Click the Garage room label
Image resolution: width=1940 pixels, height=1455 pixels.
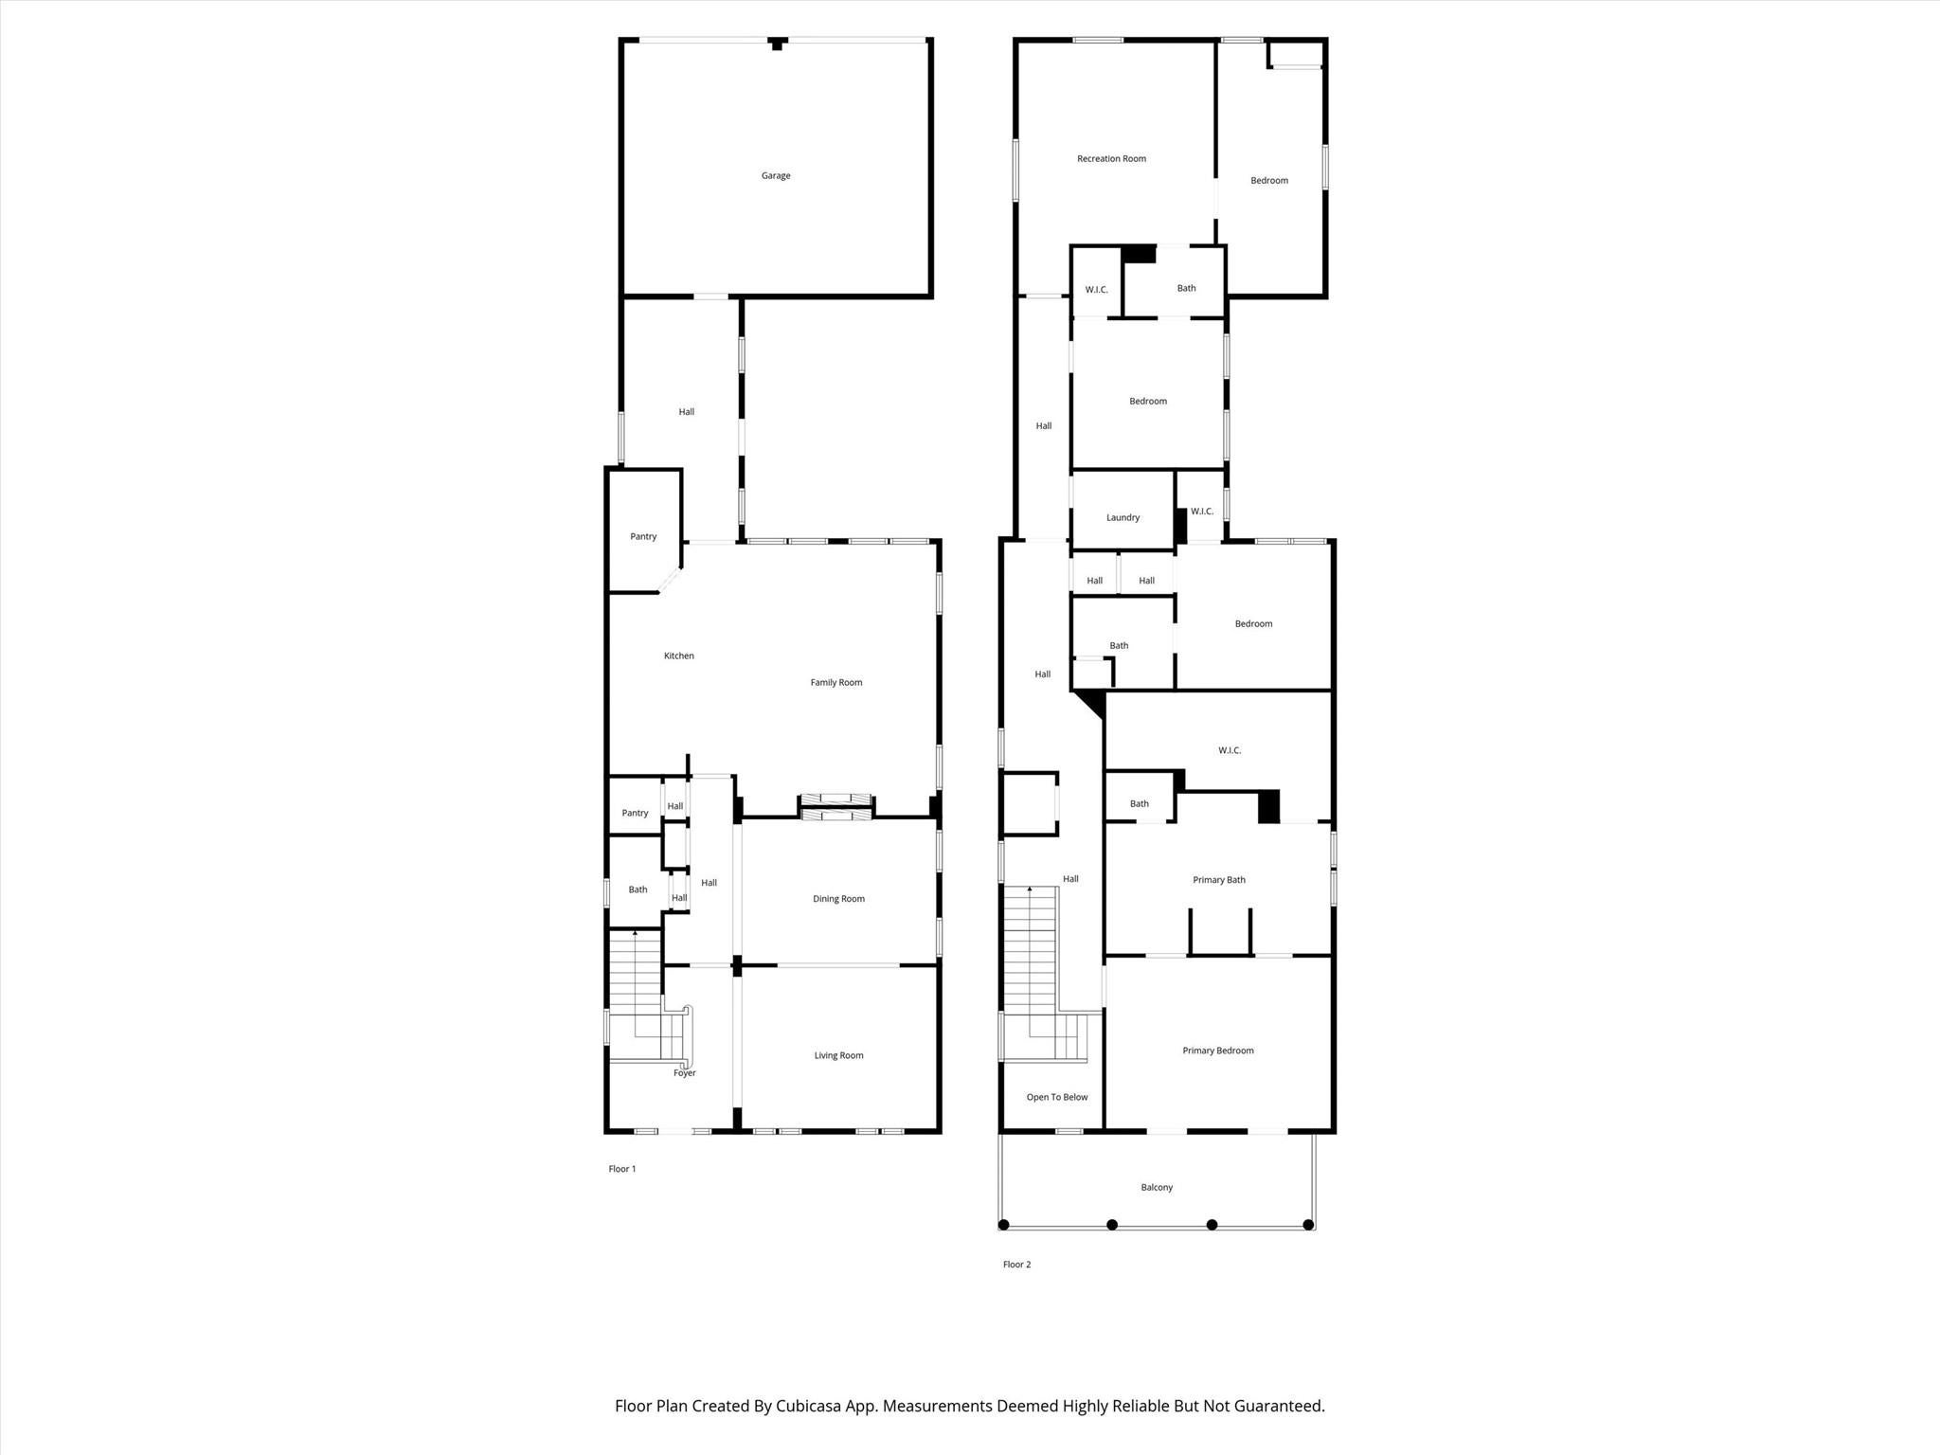tap(775, 175)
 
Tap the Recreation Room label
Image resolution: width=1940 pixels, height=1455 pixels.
tap(1111, 159)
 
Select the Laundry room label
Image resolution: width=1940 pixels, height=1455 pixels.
tap(1123, 518)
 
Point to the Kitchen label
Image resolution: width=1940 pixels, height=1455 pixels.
tap(678, 656)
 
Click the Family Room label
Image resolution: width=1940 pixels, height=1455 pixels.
tap(835, 682)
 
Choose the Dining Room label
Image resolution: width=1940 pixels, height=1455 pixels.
tap(838, 899)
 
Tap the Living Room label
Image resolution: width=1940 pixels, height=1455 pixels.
tap(838, 1055)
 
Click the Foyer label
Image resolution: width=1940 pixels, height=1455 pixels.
tap(684, 1073)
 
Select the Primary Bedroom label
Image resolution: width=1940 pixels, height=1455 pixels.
tap(1217, 1051)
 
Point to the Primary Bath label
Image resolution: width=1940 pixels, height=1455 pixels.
tap(1218, 880)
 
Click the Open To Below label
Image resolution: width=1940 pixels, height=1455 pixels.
tap(1056, 1097)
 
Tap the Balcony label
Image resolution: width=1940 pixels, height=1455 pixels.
tap(1156, 1187)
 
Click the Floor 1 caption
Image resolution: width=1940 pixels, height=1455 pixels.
tap(621, 1169)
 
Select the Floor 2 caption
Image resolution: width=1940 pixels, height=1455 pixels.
tap(1016, 1265)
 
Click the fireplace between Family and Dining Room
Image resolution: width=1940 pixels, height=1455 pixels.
tap(835, 807)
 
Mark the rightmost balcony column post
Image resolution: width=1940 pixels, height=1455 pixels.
tap(1308, 1225)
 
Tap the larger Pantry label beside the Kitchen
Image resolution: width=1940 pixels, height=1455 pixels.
tap(643, 537)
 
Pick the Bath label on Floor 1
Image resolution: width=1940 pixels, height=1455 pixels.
tap(638, 889)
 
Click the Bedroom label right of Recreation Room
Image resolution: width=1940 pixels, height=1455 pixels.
tap(1268, 181)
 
